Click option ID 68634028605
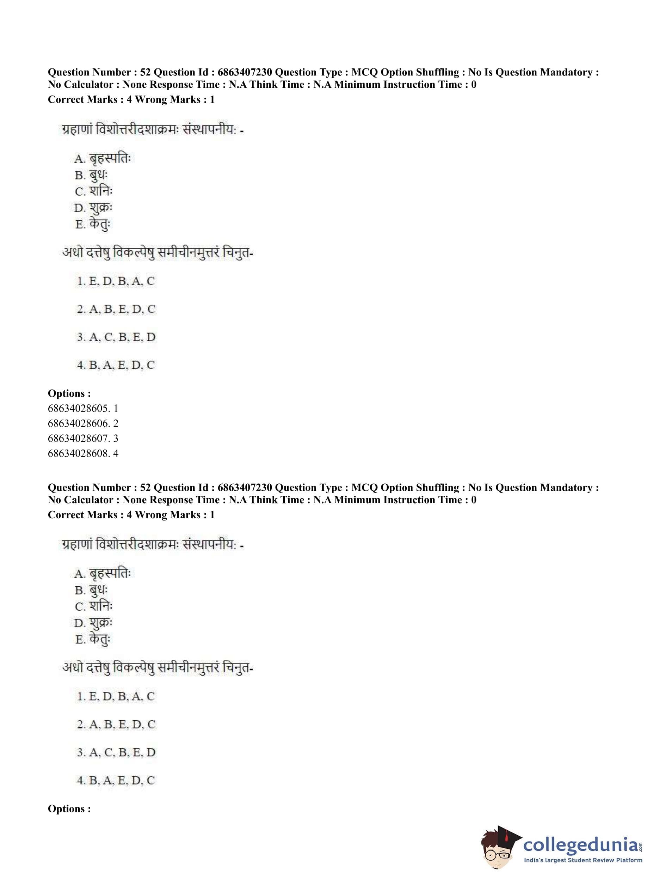tap(83, 408)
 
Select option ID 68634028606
tap(83, 423)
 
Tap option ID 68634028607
tap(83, 438)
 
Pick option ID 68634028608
tap(83, 453)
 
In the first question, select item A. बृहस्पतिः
tap(102, 158)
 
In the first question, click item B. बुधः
tap(91, 175)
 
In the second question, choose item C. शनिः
tap(94, 606)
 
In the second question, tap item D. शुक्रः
tap(93, 623)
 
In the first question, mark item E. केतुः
tap(93, 225)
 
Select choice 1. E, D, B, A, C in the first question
tap(116, 281)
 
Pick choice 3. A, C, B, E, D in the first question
tap(116, 337)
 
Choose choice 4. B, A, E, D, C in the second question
tap(116, 780)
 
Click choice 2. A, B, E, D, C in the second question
tap(116, 724)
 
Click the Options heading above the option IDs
tap(69, 393)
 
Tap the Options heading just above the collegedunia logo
tap(69, 808)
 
